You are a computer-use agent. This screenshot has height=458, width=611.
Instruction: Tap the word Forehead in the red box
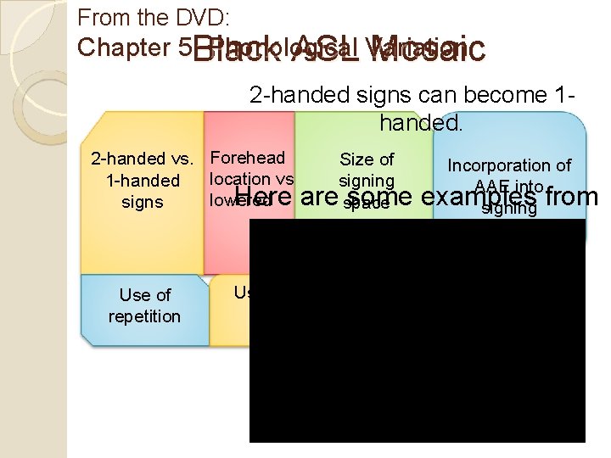click(247, 158)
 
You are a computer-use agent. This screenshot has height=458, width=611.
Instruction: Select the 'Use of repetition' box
click(144, 306)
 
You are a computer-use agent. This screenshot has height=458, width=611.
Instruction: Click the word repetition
click(144, 316)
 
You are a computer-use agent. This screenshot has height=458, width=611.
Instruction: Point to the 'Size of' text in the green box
click(367, 159)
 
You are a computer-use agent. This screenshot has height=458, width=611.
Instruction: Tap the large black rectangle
click(417, 331)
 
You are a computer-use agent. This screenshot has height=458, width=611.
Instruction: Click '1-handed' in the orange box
click(143, 181)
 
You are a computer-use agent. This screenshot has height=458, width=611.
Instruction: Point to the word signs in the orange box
click(143, 203)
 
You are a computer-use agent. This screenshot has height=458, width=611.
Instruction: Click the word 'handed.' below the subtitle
click(422, 123)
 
